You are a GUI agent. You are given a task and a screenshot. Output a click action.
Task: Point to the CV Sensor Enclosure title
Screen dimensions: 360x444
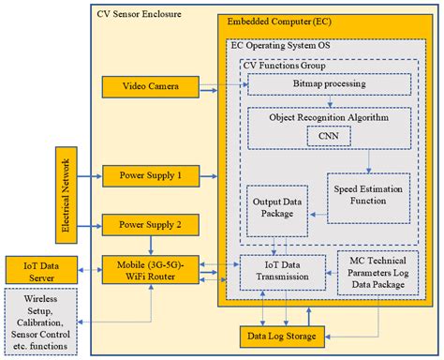pyautogui.click(x=141, y=15)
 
